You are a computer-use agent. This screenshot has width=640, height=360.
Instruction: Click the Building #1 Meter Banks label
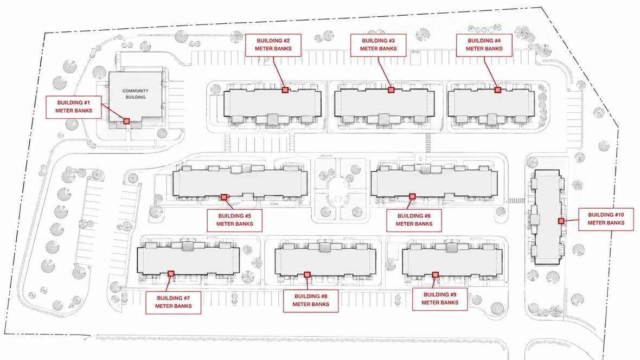click(73, 107)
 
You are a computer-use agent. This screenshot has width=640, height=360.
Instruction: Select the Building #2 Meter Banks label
click(273, 45)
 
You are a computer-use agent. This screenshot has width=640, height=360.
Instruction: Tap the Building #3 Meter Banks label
click(379, 45)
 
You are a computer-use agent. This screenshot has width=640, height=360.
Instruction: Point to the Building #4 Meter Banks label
click(484, 45)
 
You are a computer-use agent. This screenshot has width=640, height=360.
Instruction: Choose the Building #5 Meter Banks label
click(235, 220)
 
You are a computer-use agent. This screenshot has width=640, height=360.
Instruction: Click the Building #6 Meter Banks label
click(414, 220)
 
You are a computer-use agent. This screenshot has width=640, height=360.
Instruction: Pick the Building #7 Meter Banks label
click(174, 303)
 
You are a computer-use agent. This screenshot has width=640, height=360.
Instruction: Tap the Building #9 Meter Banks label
click(439, 299)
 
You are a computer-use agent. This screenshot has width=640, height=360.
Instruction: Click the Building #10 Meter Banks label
click(606, 219)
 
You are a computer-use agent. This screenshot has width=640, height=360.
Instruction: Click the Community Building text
click(136, 94)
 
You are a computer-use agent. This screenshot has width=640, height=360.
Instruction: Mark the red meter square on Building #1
click(126, 121)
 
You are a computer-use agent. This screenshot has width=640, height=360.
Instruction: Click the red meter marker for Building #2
click(285, 90)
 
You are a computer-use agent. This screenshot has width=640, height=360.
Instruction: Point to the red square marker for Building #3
click(391, 90)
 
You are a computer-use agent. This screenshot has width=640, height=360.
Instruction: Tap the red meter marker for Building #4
click(497, 90)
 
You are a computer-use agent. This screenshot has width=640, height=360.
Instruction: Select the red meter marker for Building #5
click(223, 197)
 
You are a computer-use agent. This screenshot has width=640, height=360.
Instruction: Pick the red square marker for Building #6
click(412, 197)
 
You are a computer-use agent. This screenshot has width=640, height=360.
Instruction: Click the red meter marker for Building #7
click(171, 274)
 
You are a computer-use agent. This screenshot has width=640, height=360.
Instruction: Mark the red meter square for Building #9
click(436, 275)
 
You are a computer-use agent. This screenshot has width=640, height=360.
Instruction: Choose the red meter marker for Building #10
click(561, 221)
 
